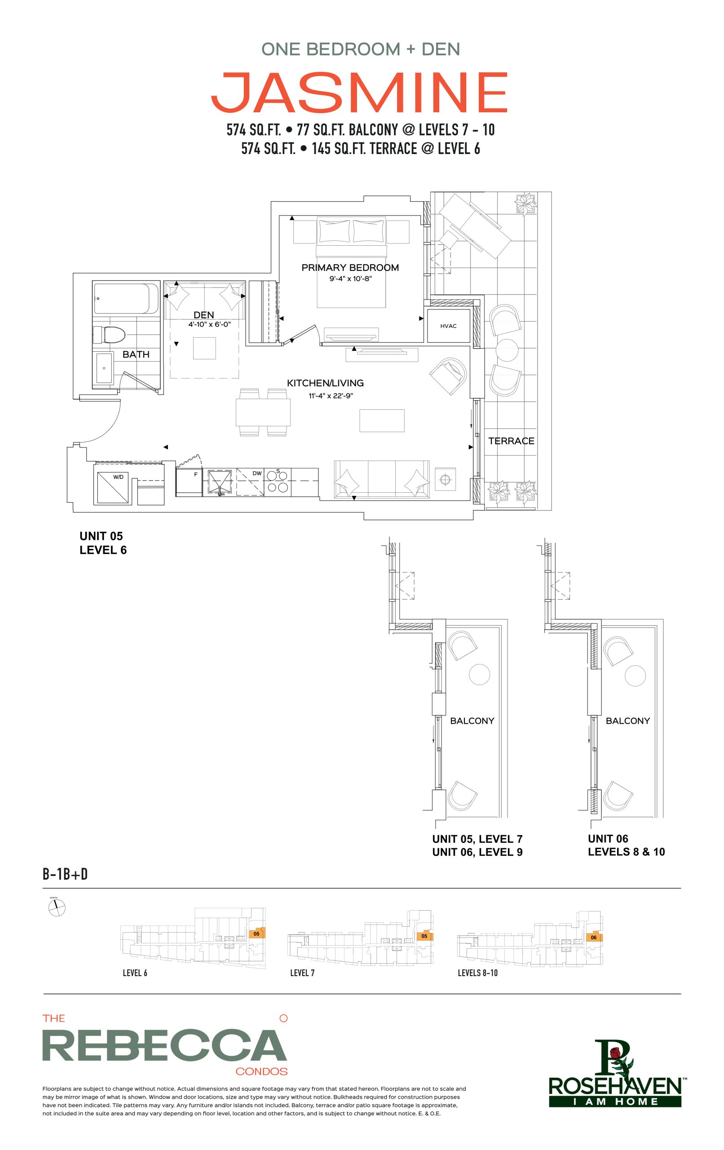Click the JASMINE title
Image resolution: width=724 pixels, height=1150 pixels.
pos(359,92)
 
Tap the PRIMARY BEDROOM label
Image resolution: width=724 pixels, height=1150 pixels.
pos(350,267)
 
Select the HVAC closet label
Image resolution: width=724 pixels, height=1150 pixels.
pos(448,326)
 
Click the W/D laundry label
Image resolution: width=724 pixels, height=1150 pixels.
pos(118,477)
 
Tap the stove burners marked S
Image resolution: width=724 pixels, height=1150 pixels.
pos(278,481)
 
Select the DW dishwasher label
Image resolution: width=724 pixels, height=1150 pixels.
pos(257,473)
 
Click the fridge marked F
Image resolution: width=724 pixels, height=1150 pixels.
pos(190,482)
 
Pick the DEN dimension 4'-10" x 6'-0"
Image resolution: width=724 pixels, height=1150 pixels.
pos(209,324)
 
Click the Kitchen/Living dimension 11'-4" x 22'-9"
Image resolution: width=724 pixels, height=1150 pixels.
pos(331,395)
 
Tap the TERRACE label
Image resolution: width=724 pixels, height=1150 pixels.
pos(511,441)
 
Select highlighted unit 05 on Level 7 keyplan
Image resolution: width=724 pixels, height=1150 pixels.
pos(424,936)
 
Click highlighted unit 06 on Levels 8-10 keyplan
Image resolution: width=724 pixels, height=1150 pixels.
pos(595,937)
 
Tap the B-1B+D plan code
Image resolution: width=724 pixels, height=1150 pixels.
pos(66,875)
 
